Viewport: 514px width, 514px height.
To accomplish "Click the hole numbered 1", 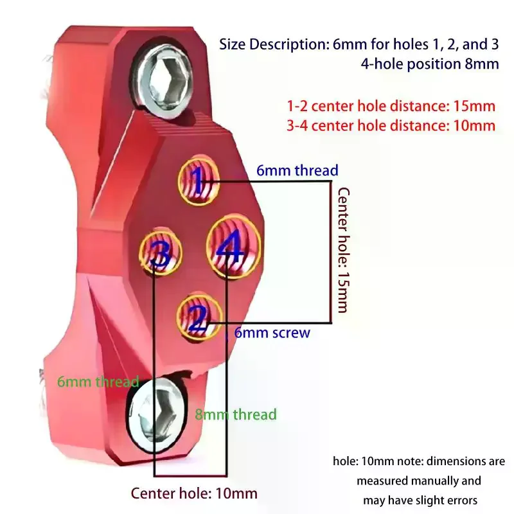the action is [199, 180].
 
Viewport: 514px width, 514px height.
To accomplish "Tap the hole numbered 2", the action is [199, 318].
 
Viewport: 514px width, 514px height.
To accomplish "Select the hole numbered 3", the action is [160, 252].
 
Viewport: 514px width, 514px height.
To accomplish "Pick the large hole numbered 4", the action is [233, 247].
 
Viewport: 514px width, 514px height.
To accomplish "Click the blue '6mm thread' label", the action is [297, 170].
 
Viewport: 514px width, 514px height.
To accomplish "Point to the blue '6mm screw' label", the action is [272, 333].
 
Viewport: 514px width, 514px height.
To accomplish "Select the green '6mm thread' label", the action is [98, 382].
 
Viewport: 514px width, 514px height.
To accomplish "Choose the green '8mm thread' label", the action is [236, 414].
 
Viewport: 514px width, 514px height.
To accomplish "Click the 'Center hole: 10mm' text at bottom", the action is [194, 493].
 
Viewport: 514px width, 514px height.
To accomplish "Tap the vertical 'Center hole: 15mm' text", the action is [343, 250].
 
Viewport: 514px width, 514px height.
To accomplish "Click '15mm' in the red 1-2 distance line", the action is [474, 106].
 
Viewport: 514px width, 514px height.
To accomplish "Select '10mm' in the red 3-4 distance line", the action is [474, 126].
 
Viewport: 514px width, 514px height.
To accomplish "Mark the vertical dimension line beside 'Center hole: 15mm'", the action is [330, 252].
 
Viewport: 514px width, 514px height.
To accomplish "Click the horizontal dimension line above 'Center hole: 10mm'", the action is [190, 475].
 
